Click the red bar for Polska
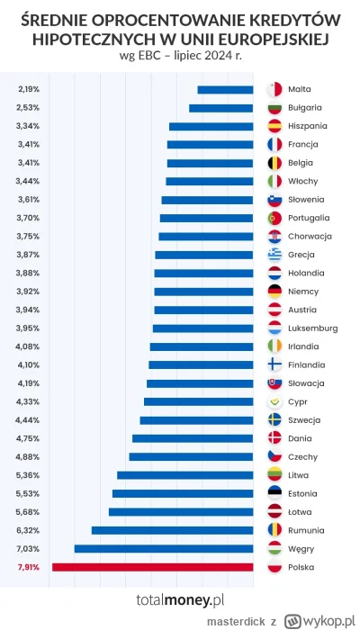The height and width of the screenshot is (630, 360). coord(152,567)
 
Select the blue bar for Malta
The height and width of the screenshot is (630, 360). coord(225,89)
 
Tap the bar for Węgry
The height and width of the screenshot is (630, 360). coord(163,548)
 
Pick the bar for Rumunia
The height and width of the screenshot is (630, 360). coord(172,530)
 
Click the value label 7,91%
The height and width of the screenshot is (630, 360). coord(28,567)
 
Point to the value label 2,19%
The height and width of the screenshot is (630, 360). coord(28,89)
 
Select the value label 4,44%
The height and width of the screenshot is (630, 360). coord(28,420)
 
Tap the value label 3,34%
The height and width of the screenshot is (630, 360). coord(28,126)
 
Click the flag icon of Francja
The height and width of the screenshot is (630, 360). coord(275,144)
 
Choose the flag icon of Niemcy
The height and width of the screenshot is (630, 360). coord(275,292)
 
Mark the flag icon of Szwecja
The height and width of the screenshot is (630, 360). coord(275,420)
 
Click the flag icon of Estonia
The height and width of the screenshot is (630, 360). coord(275,493)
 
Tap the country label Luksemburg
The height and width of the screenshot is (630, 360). coord(313,328)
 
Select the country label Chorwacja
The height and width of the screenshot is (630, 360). coord(310,236)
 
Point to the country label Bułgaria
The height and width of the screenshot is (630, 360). coord(306,108)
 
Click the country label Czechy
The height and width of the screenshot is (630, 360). coord(303,457)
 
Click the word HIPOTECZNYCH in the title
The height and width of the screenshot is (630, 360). coord(104,40)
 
